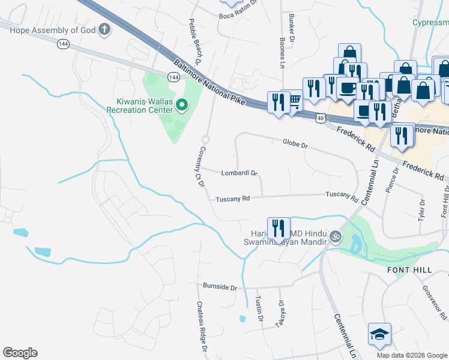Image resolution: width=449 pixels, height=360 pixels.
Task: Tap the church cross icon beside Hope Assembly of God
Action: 104,29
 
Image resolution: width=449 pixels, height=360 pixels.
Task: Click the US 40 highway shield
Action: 321,119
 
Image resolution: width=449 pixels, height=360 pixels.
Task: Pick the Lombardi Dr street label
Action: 239,173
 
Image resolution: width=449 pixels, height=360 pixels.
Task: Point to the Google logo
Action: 20,353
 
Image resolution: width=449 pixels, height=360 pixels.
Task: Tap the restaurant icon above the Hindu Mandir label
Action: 279,228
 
